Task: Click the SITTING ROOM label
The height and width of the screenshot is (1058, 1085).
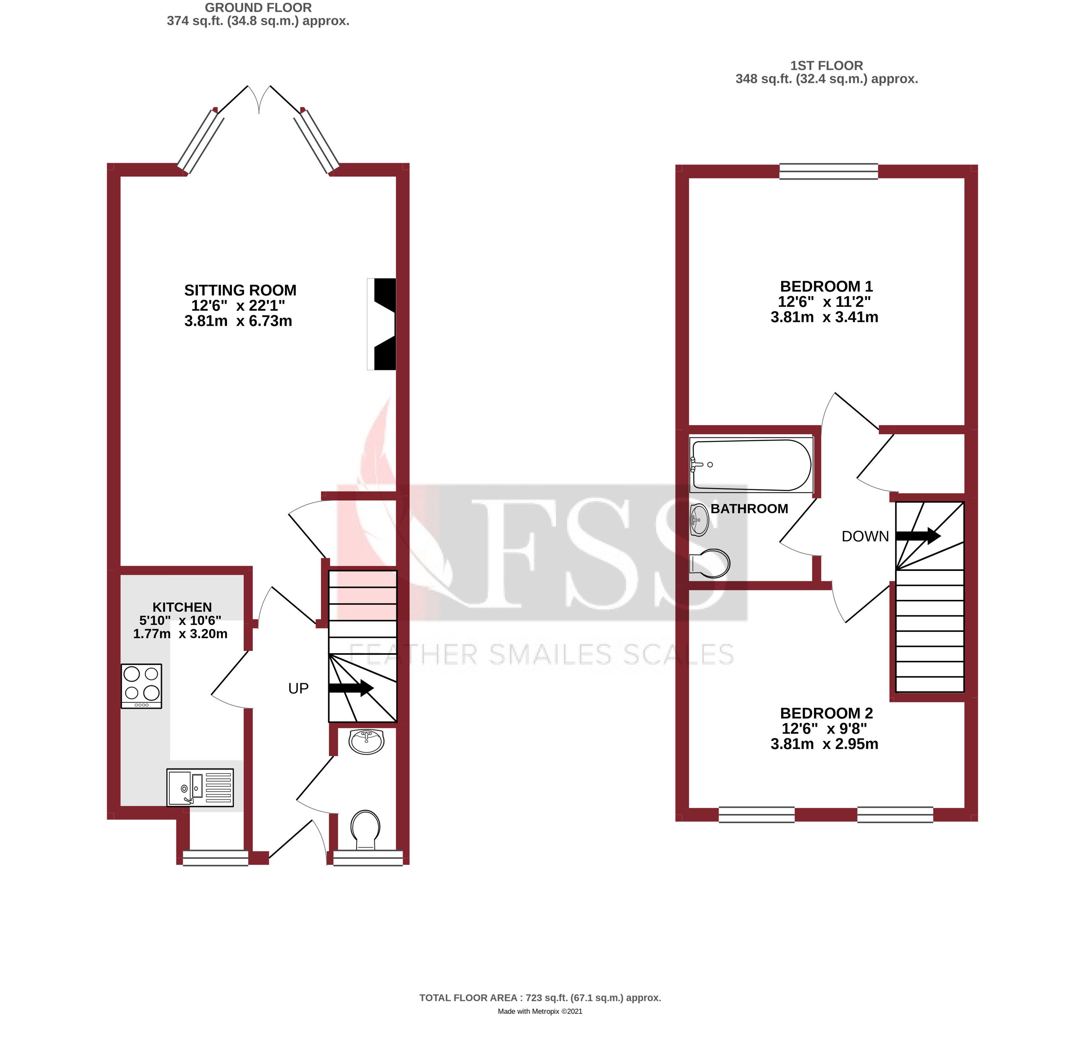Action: (240, 291)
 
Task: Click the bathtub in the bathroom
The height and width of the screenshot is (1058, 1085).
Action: (752, 465)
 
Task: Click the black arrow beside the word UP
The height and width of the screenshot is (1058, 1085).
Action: (351, 688)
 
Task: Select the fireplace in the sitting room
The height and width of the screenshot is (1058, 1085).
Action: (382, 324)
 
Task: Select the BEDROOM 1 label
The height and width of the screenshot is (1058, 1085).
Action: (826, 287)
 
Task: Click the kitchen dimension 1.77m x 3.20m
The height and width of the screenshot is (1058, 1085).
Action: (180, 634)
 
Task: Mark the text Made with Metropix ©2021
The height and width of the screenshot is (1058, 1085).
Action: (540, 1011)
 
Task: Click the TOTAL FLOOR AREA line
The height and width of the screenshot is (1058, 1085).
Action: (540, 998)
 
